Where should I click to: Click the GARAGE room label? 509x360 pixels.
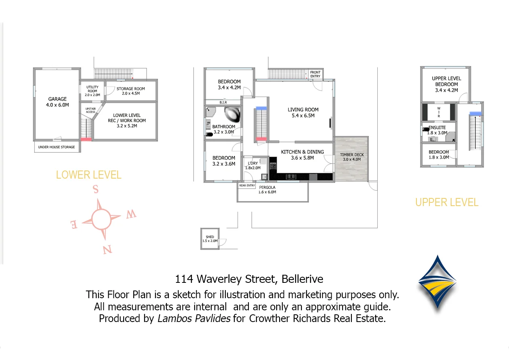(57, 102)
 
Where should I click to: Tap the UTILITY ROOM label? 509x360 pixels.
(93, 91)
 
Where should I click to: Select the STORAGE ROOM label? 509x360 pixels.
(130, 91)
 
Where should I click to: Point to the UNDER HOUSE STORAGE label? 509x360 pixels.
(57, 147)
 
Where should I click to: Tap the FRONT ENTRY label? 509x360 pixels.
(315, 74)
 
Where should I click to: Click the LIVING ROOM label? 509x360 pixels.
(303, 112)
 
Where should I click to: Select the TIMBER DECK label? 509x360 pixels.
(351, 157)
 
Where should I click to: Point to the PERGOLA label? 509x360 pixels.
(267, 189)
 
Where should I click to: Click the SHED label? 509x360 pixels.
(210, 239)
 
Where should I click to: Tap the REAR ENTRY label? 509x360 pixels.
(247, 185)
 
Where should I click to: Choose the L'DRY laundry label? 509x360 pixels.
(252, 165)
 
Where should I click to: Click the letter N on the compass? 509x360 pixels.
(107, 250)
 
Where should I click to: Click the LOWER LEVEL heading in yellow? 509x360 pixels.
(88, 175)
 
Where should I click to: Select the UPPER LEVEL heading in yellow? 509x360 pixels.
(447, 202)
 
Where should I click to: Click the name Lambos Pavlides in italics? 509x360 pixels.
(194, 318)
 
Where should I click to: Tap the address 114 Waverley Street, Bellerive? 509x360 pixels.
(249, 279)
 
